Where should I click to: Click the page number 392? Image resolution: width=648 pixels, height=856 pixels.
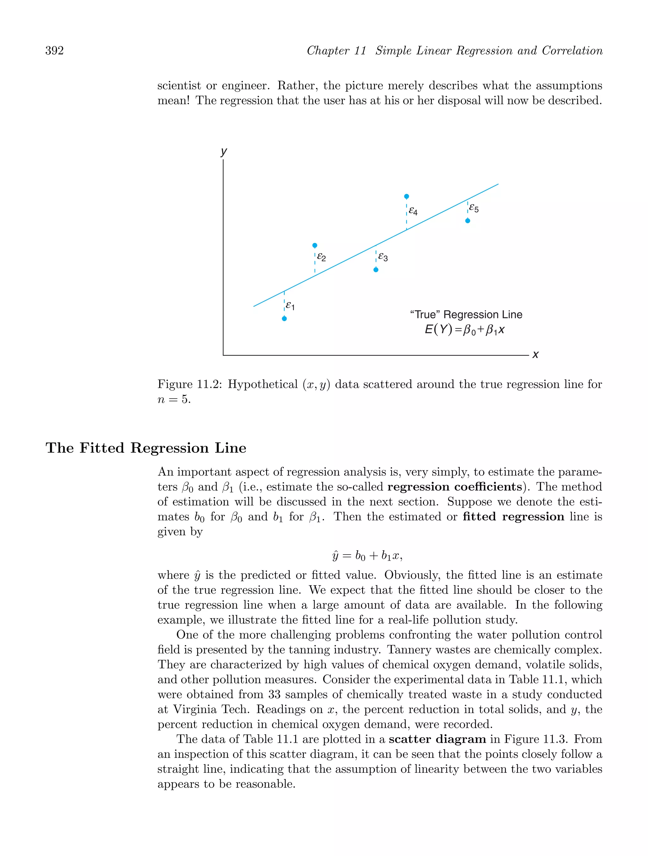point(55,51)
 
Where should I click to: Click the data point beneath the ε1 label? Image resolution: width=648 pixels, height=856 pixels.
point(284,319)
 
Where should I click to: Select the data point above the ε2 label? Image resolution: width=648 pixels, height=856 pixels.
point(315,245)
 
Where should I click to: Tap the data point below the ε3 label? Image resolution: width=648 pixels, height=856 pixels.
point(376,270)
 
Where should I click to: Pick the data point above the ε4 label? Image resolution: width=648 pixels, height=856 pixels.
point(407,196)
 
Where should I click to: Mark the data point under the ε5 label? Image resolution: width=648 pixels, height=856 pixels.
point(468,220)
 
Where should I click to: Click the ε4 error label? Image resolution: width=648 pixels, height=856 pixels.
point(413,211)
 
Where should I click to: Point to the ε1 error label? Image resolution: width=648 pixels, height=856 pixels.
point(290,306)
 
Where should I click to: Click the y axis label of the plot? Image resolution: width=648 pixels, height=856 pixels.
point(224,151)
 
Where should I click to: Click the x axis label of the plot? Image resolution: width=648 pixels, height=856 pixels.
point(535,355)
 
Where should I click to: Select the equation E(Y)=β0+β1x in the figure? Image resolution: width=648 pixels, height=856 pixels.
point(464,330)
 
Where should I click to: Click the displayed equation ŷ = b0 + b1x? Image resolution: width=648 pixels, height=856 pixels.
point(367,556)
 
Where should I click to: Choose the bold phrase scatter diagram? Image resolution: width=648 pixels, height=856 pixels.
point(437,739)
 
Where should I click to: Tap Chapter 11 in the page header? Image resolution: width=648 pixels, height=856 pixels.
point(336,51)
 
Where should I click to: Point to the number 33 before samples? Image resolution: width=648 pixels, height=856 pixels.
point(274,694)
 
